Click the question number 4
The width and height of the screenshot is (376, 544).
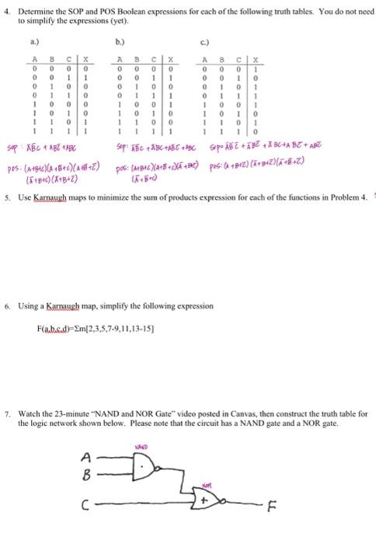pos(7,11)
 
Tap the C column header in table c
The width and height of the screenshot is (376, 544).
pos(242,58)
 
